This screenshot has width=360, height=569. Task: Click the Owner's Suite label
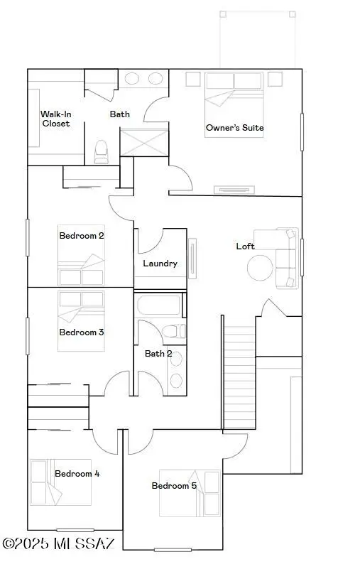click(234, 129)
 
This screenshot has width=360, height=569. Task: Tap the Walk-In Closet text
click(55, 118)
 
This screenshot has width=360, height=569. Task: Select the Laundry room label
click(160, 264)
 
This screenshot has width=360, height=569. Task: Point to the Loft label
click(245, 246)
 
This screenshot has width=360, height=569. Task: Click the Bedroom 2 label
click(82, 235)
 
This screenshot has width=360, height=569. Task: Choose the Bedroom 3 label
click(82, 332)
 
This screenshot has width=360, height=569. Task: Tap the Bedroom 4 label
click(77, 474)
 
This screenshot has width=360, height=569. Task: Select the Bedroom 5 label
click(174, 486)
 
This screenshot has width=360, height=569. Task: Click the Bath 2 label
click(158, 353)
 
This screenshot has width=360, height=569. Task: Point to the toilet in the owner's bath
click(101, 151)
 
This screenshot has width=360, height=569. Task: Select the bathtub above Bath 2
click(159, 305)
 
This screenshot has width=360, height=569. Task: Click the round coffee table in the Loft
click(260, 267)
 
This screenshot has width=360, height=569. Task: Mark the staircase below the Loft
click(239, 376)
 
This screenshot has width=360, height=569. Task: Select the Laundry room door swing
click(150, 241)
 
